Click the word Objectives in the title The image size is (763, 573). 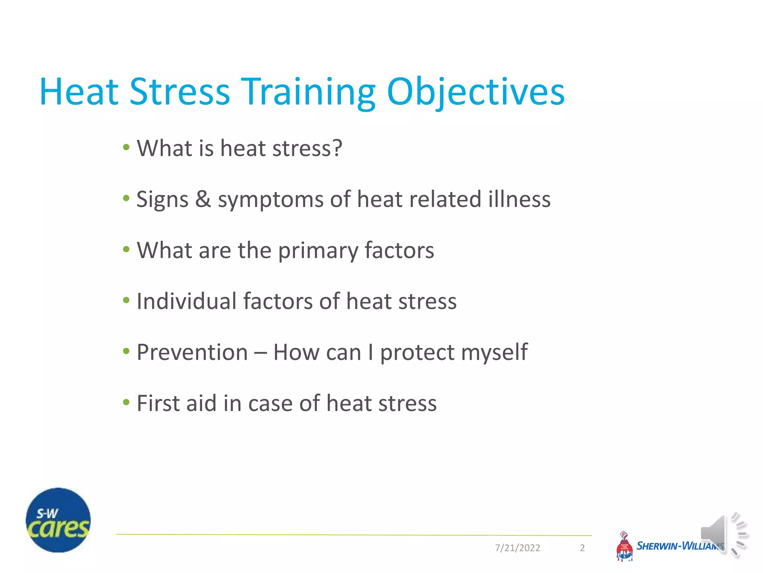[x=476, y=92]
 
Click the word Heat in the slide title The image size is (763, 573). [x=79, y=92]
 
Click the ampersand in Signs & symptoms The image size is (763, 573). [x=203, y=199]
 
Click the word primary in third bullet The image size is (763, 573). [x=318, y=251]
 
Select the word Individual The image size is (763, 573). [x=186, y=301]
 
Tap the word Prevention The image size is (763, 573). [x=192, y=352]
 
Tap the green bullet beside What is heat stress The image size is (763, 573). [x=126, y=147]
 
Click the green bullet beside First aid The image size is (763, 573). [x=126, y=402]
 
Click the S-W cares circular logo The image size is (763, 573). [x=58, y=520]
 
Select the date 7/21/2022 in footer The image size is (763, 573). [x=517, y=548]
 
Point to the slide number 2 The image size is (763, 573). [x=582, y=548]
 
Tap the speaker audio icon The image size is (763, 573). [x=722, y=535]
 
